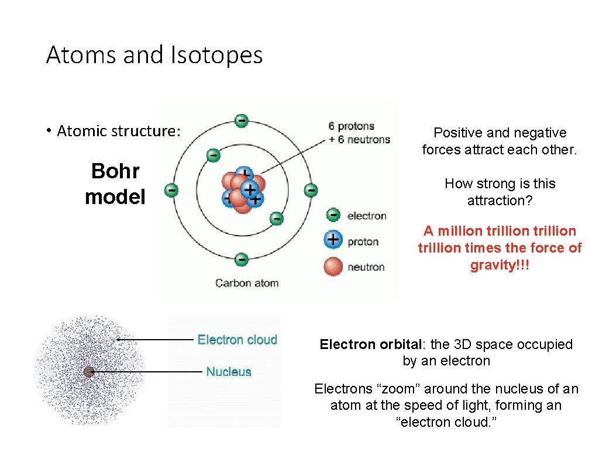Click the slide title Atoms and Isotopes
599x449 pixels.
(x=154, y=56)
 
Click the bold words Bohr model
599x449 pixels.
(x=115, y=184)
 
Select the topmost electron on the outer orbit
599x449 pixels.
(x=241, y=120)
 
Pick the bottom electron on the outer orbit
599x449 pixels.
(x=241, y=259)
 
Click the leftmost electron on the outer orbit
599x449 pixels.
(x=171, y=190)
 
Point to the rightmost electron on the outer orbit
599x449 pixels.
(x=311, y=190)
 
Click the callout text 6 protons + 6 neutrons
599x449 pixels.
(x=359, y=133)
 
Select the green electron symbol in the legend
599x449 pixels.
(x=333, y=215)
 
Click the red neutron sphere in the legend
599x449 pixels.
(x=333, y=266)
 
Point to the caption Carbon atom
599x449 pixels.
(x=247, y=283)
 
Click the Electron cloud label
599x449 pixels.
(x=237, y=340)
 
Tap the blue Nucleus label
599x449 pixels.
(x=229, y=371)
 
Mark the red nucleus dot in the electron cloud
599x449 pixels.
(x=89, y=371)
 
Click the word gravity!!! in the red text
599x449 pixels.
(x=500, y=265)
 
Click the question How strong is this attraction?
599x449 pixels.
(x=500, y=192)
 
